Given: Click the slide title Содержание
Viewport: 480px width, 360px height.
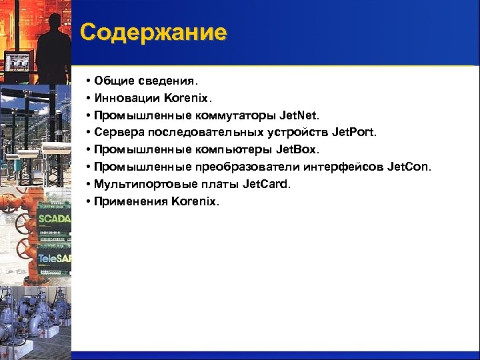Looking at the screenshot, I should [x=153, y=32].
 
